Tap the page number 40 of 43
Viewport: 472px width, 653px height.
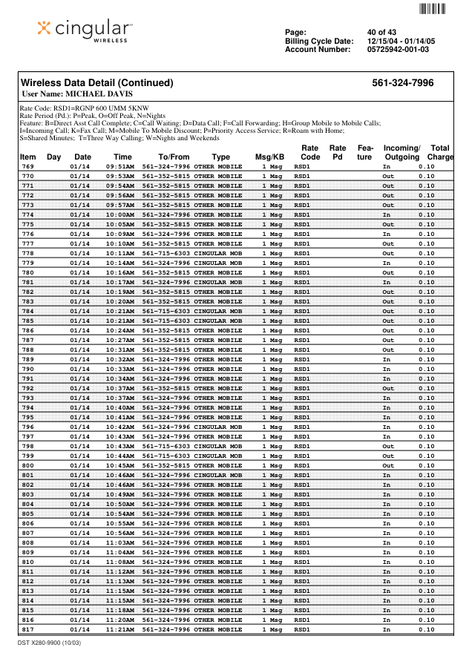click(x=381, y=32)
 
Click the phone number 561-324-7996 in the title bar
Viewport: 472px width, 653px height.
click(x=403, y=83)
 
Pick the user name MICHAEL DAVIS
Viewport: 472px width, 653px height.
click(x=77, y=94)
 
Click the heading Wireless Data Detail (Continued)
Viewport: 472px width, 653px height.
click(x=96, y=83)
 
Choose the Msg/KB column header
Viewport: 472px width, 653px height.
click(x=269, y=157)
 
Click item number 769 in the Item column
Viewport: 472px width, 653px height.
click(x=27, y=167)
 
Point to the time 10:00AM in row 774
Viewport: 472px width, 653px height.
click(x=120, y=215)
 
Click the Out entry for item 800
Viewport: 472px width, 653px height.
click(x=387, y=466)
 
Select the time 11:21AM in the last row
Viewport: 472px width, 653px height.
click(x=120, y=629)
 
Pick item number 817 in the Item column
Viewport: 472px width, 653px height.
click(x=27, y=629)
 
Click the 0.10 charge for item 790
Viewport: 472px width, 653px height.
click(x=426, y=369)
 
